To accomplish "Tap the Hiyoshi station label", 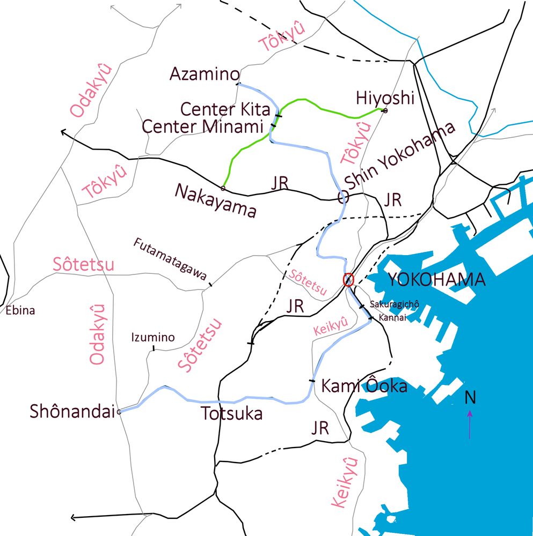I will pos(385,98).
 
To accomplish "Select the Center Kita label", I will pos(225,109).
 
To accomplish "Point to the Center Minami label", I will pos(203,127).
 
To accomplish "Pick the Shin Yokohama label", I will pos(400,155).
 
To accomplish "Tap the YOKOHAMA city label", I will pos(436,280).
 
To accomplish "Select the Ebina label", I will pos(20,310).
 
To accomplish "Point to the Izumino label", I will pos(153,337).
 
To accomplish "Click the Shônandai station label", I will pos(72,412).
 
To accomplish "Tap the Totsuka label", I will pos(231,414).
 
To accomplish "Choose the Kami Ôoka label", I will pos(364,386).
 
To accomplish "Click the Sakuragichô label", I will pos(394,304).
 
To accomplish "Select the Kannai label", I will pos(391,318).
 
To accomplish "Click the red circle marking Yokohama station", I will pos(348,280).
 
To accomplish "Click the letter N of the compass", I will pos(470,397).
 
